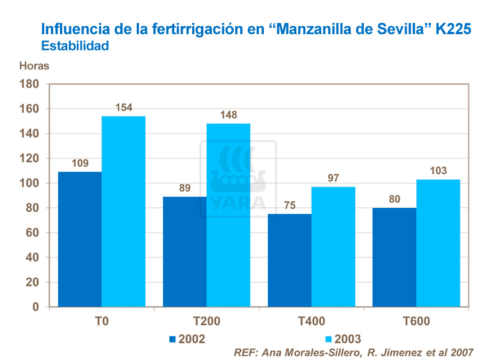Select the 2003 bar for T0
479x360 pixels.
[x=123, y=212]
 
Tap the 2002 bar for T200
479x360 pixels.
[x=184, y=251]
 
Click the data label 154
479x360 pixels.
[x=124, y=107]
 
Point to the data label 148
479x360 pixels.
[x=229, y=115]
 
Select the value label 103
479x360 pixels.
[x=438, y=171]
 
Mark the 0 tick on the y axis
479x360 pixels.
[x=35, y=307]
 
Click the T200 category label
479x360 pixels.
[x=206, y=321]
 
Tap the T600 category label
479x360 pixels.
[x=416, y=321]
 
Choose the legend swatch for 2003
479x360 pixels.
[x=328, y=339]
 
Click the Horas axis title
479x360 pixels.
[x=34, y=66]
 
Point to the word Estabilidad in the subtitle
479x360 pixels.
[x=75, y=46]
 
